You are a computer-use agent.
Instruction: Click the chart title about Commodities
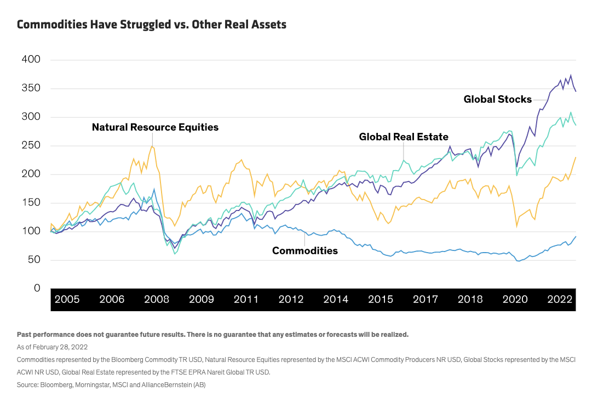point(152,25)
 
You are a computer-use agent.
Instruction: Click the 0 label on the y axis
point(37,288)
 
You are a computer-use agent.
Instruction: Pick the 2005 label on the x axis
point(67,300)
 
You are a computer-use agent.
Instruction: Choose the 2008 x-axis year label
point(156,300)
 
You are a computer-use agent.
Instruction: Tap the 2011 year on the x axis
point(246,300)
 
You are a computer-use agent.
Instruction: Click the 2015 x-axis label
point(381,300)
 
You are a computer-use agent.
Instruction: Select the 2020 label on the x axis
point(515,300)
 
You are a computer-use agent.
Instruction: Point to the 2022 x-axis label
point(560,300)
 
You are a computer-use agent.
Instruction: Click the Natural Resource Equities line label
point(155,127)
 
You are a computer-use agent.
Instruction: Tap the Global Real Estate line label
point(404,137)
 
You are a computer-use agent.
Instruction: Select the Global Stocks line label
point(497,100)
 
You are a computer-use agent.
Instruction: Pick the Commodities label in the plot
point(305,251)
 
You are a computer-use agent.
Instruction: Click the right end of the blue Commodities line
point(576,236)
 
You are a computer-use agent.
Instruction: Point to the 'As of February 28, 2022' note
point(52,347)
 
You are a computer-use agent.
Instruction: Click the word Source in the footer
point(27,384)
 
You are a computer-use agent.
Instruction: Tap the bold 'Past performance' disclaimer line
point(212,334)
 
